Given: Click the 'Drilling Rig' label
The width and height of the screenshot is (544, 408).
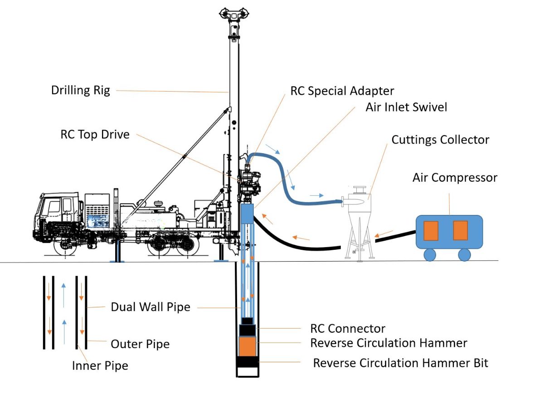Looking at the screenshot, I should point(80,90).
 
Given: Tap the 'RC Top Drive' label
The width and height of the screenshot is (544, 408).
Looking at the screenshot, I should point(95,135).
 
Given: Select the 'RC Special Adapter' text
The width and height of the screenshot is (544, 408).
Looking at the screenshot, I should point(342,91).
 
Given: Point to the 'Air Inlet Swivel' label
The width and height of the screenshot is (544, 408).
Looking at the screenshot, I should point(406,107).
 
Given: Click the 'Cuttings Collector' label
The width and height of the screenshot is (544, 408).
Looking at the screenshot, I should point(440,140).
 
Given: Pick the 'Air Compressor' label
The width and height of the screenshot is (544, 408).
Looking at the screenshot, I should point(455,177).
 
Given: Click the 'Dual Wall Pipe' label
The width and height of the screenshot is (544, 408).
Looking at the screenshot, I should point(151,307).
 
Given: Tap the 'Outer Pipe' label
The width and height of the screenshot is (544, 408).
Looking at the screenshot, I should point(140,344).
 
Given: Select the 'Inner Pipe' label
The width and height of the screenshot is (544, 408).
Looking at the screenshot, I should point(100,365).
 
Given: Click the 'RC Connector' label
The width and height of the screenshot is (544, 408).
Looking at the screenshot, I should point(348,328).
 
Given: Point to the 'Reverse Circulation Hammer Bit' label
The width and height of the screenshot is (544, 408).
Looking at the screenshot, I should point(401,363).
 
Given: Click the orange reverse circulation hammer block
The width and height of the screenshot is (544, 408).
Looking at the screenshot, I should point(248,346).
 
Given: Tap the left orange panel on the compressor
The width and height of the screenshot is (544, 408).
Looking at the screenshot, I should point(431,231).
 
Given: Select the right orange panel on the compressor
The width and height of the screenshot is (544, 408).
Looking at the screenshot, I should point(460,231).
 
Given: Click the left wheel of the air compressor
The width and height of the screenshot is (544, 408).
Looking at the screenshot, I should point(430,255).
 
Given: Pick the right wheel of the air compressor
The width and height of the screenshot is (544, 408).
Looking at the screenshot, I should point(464,255).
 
